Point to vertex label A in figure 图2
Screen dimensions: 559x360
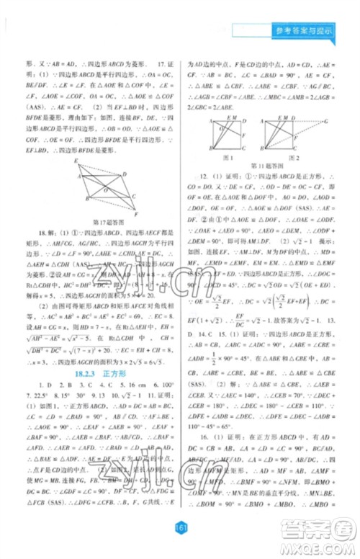[x=262, y=115]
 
